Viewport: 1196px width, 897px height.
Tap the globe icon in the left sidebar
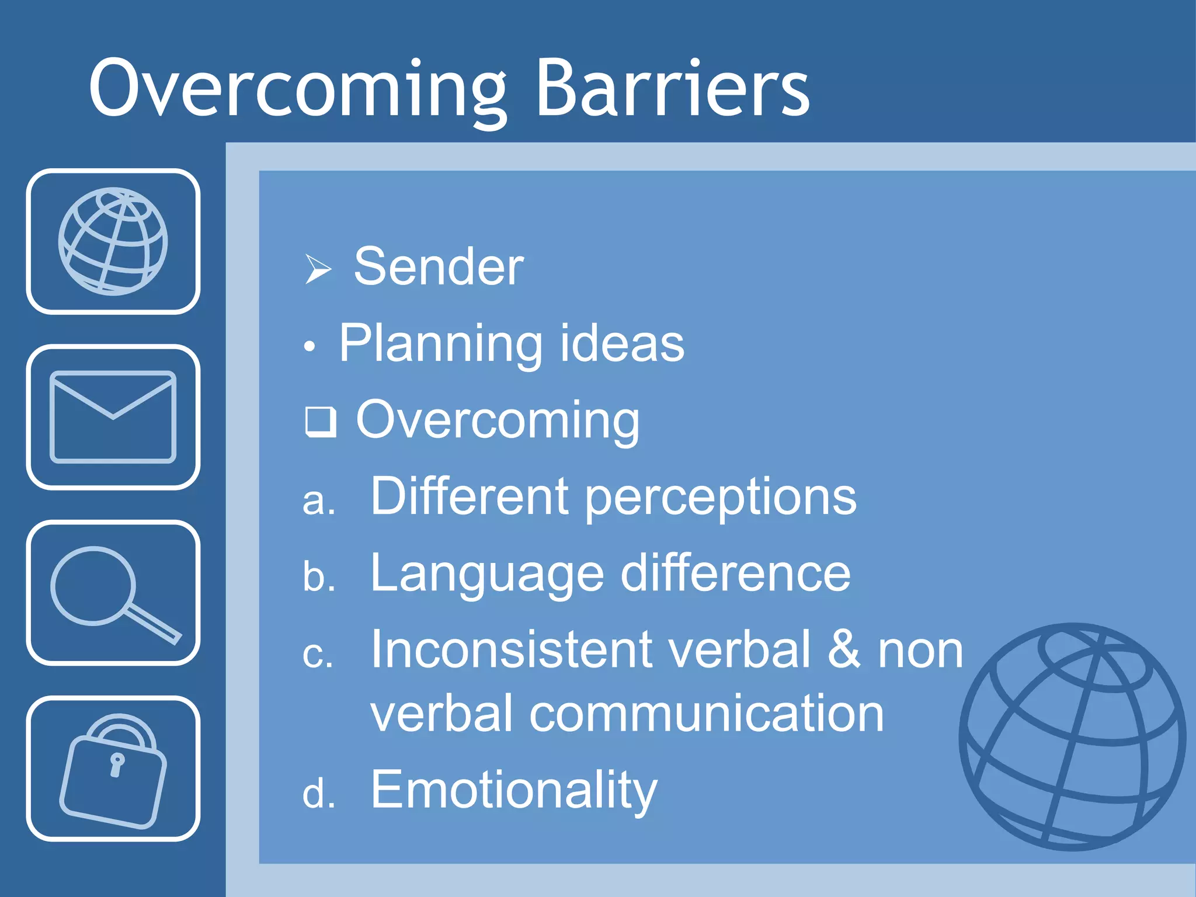click(x=113, y=241)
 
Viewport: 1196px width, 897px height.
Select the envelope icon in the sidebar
click(x=113, y=416)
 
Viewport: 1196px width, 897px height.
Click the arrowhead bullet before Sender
click(x=318, y=269)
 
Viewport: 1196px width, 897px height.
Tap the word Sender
click(x=439, y=267)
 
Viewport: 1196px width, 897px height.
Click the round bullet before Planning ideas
click(x=310, y=347)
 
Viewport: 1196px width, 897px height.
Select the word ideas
click(x=622, y=344)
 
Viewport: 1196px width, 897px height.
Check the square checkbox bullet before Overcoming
click(x=321, y=422)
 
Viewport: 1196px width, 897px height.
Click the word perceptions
click(x=721, y=498)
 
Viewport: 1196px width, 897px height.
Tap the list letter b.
click(x=318, y=577)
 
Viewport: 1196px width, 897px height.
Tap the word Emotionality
click(x=514, y=790)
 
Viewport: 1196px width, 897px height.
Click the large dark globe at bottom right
click(x=1072, y=737)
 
